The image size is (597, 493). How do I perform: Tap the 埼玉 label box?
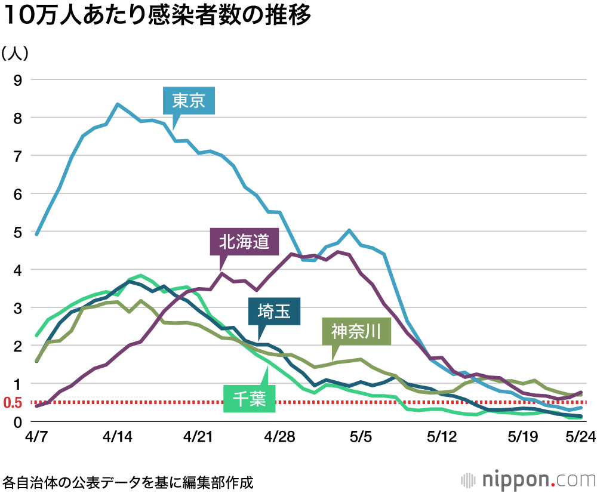[x=274, y=312]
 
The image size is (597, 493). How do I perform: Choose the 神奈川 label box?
[x=356, y=330]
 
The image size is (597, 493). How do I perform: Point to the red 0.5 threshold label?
[x=13, y=403]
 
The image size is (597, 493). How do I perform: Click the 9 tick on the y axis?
[x=18, y=80]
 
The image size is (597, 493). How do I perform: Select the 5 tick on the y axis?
[x=18, y=232]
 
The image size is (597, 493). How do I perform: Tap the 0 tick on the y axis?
[x=18, y=421]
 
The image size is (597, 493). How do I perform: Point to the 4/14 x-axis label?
[x=118, y=437]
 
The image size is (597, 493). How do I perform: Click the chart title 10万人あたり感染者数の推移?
[x=158, y=17]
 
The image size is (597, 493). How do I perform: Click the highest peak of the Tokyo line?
[x=118, y=104]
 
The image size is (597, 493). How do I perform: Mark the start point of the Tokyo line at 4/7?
[x=37, y=234]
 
